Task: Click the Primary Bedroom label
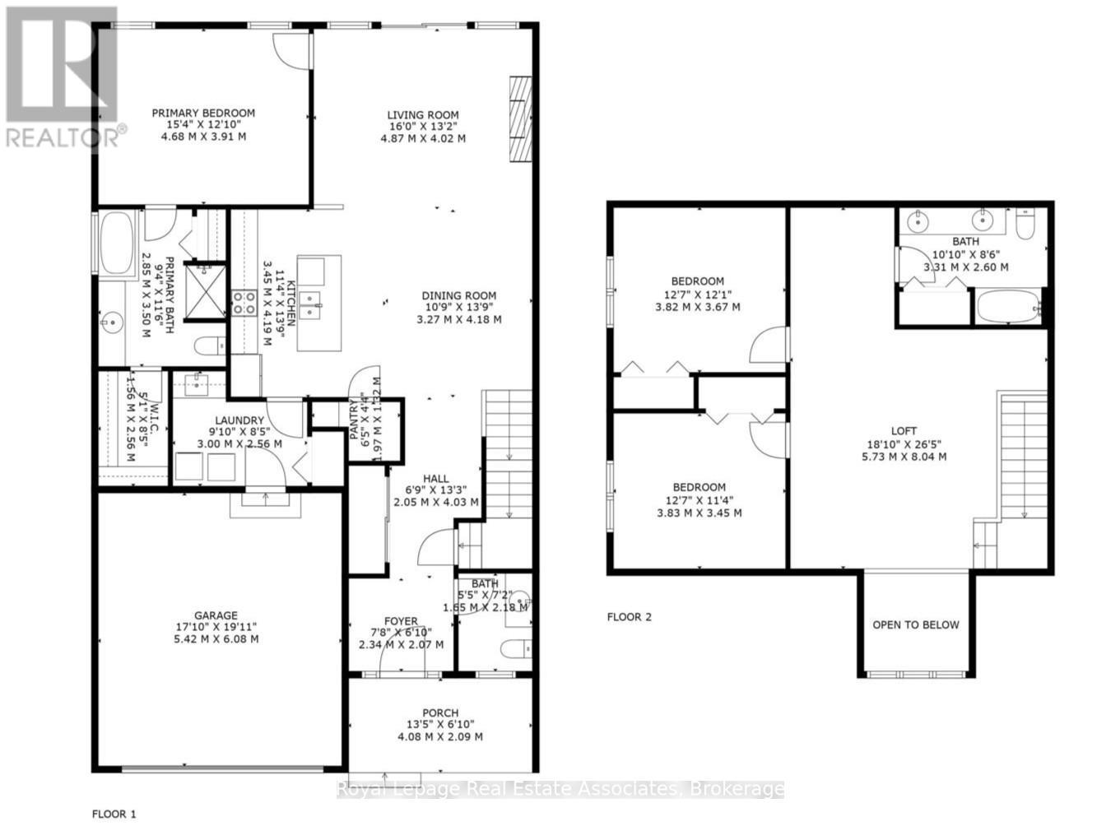click(x=203, y=114)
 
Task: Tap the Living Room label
click(x=423, y=115)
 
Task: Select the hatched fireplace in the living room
click(x=520, y=120)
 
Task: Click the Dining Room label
click(x=458, y=296)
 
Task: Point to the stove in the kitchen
click(x=244, y=303)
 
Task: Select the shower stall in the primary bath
click(x=204, y=288)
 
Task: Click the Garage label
click(x=216, y=615)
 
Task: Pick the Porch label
click(x=440, y=713)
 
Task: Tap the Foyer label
click(x=401, y=621)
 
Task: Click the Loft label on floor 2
click(x=904, y=431)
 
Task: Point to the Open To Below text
click(x=916, y=624)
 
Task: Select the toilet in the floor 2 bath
click(x=1025, y=225)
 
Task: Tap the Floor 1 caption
click(x=114, y=814)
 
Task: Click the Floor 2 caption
click(x=629, y=617)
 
